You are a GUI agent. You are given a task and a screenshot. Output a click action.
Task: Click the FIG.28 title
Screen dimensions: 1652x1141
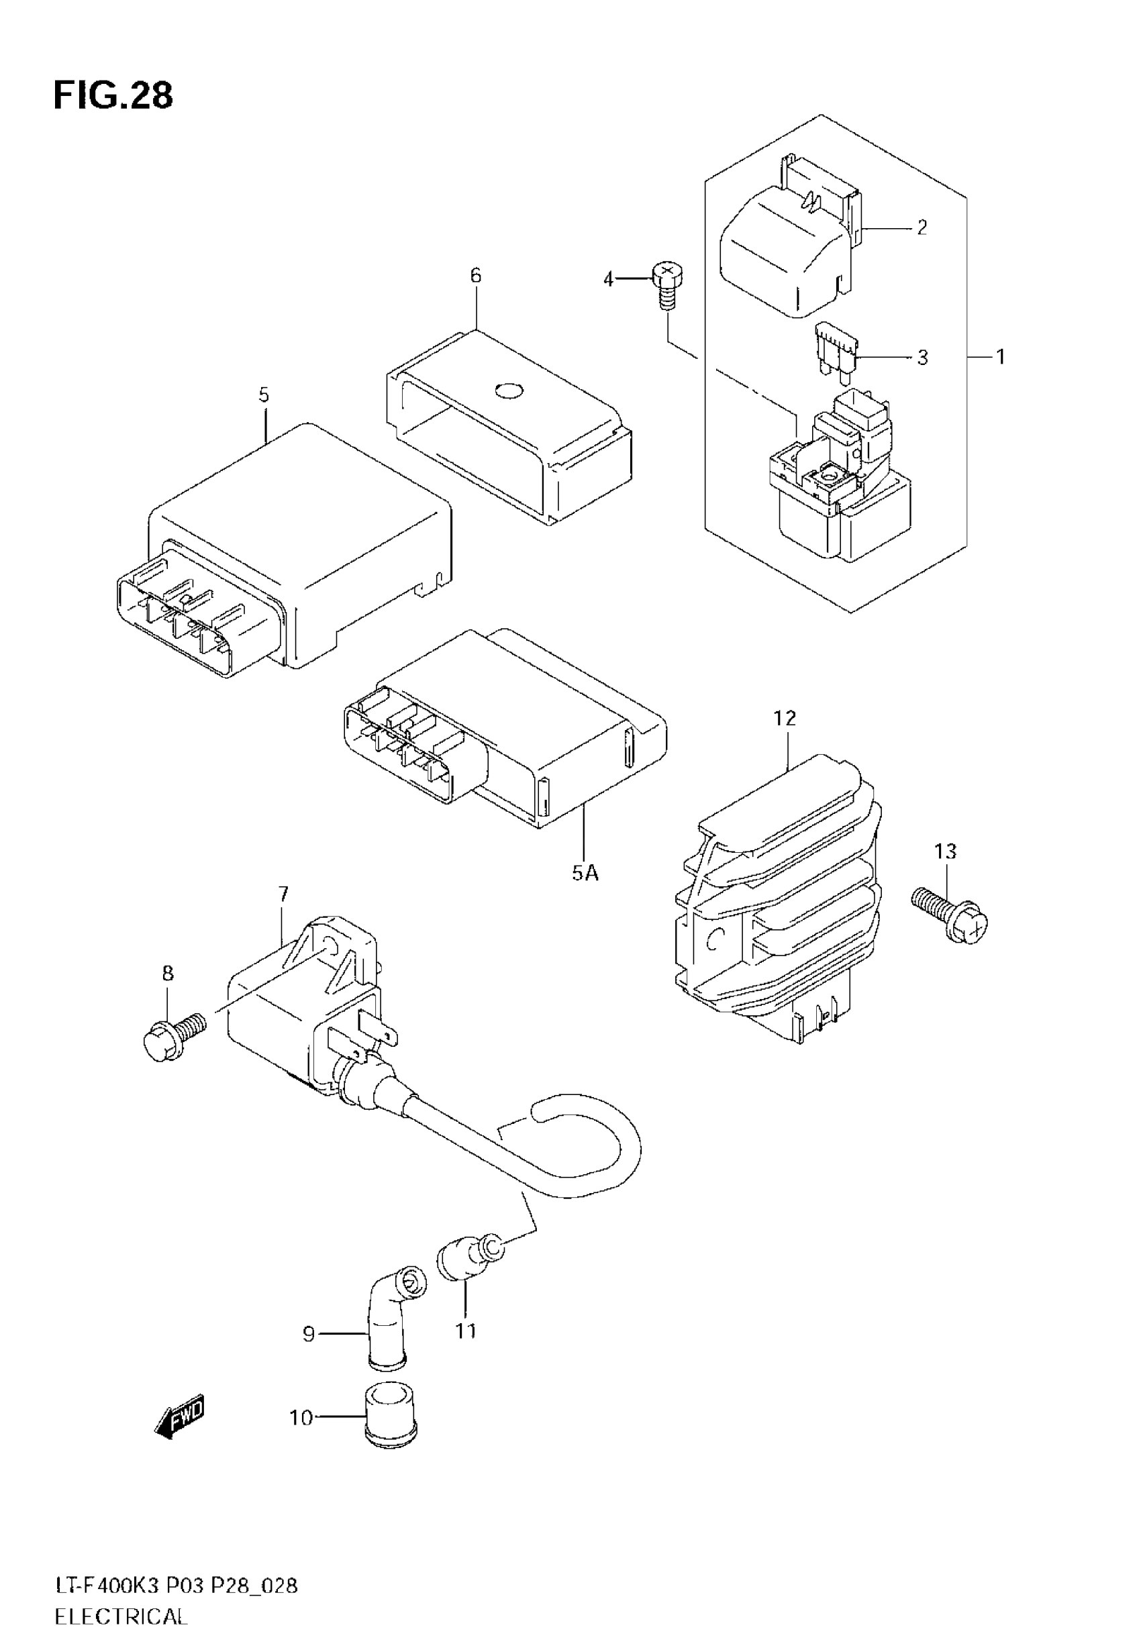[x=113, y=96]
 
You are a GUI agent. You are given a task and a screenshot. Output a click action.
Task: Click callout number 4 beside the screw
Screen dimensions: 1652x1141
[x=608, y=279]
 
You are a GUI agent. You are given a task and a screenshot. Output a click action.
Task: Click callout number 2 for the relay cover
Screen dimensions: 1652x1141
[x=922, y=228]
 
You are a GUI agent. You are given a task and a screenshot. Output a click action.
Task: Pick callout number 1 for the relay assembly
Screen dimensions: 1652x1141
[x=1000, y=356]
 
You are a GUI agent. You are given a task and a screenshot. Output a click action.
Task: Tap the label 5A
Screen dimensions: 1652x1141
[x=584, y=872]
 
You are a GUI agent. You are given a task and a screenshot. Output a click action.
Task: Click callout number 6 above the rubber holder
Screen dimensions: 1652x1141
[x=476, y=276]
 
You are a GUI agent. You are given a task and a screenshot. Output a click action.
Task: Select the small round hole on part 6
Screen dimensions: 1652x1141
[x=509, y=390]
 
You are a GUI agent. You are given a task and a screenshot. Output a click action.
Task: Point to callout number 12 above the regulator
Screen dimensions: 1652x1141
[x=784, y=718]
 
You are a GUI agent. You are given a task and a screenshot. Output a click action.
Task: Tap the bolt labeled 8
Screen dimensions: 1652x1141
[x=174, y=1033]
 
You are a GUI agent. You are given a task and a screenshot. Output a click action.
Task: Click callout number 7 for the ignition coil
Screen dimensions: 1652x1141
[x=283, y=893]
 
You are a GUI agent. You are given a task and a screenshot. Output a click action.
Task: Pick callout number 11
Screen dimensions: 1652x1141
[x=465, y=1331]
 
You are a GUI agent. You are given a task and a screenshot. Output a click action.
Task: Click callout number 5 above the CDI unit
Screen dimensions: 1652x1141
[x=264, y=395]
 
